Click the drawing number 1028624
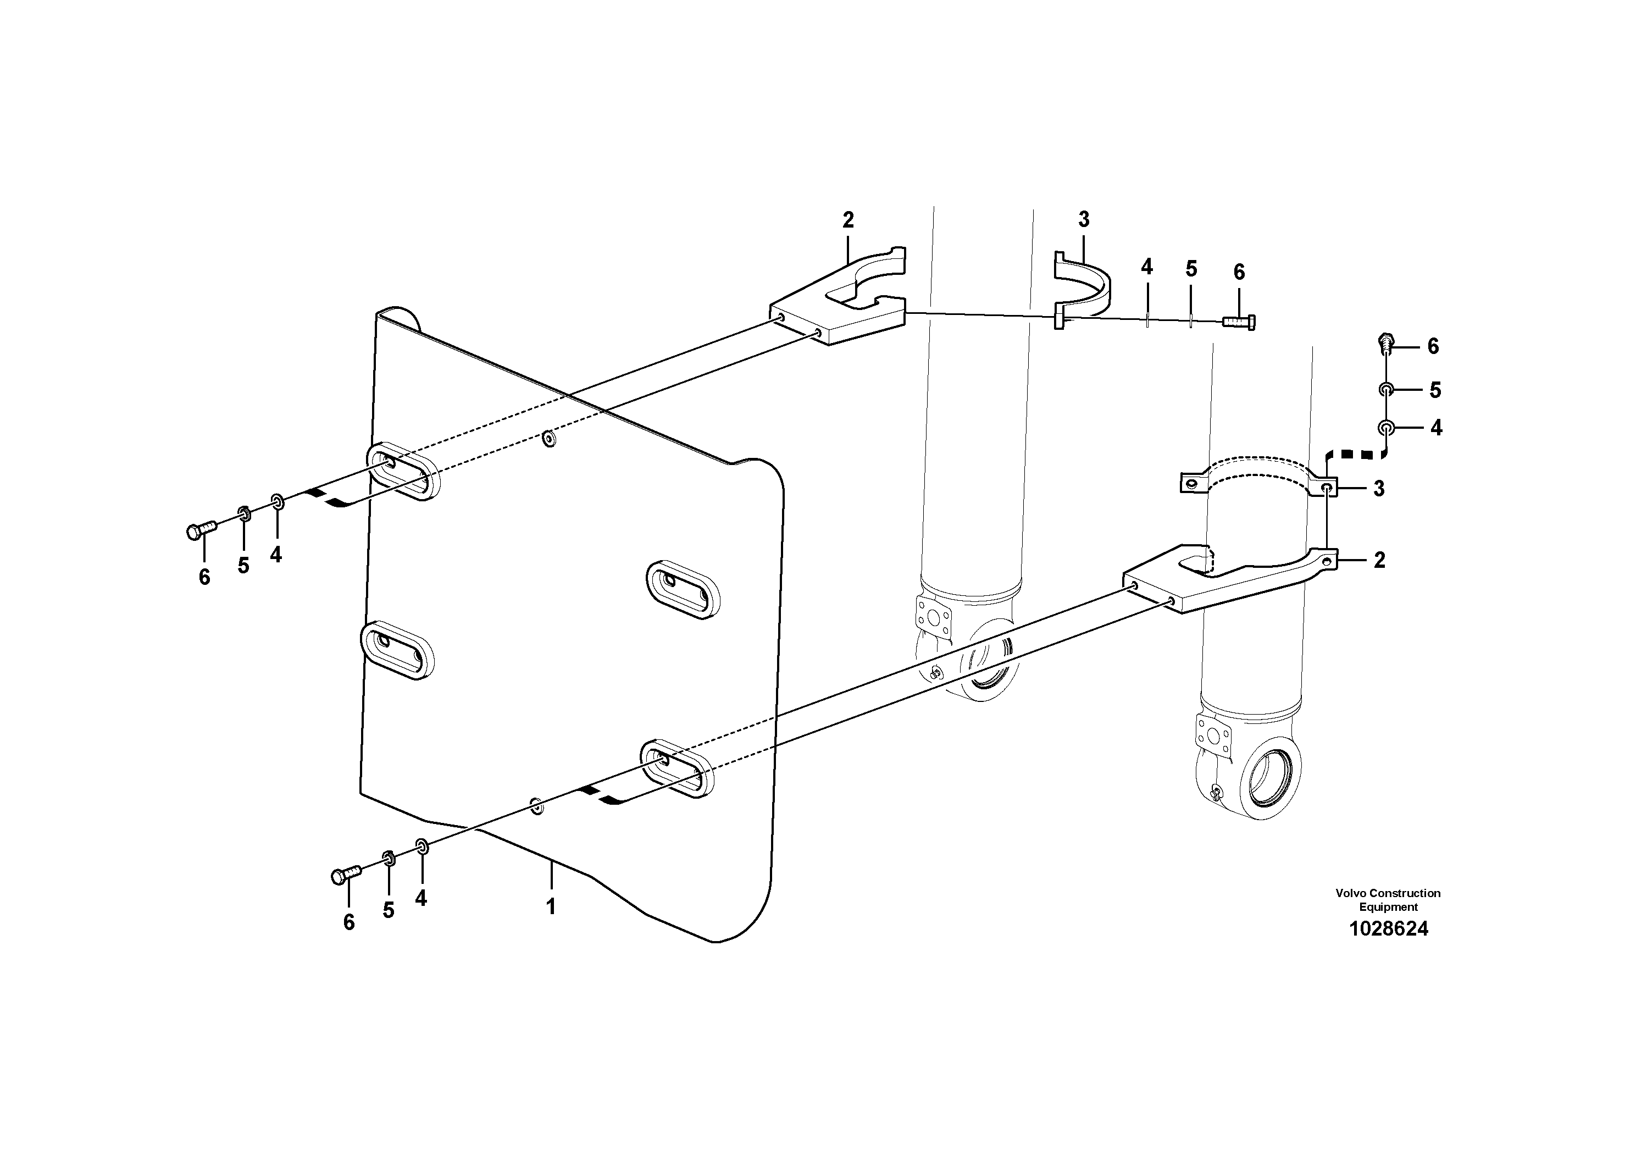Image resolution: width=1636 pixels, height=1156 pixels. pos(1388,928)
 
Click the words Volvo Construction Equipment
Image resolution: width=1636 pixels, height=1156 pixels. pos(1388,899)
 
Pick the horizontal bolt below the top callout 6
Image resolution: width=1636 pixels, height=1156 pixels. pos(1239,322)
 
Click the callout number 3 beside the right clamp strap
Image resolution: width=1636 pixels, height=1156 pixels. pos(1379,489)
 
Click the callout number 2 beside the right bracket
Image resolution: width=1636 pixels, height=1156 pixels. pos(1379,560)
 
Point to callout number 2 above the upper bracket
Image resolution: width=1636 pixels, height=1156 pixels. pos(848,220)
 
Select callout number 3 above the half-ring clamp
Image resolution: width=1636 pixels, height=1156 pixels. pos(1084,219)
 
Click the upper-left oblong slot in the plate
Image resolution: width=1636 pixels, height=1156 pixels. pos(403,472)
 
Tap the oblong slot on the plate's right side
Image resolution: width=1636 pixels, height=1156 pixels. pos(683,589)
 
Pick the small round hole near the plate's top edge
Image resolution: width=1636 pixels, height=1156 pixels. pos(548,438)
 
